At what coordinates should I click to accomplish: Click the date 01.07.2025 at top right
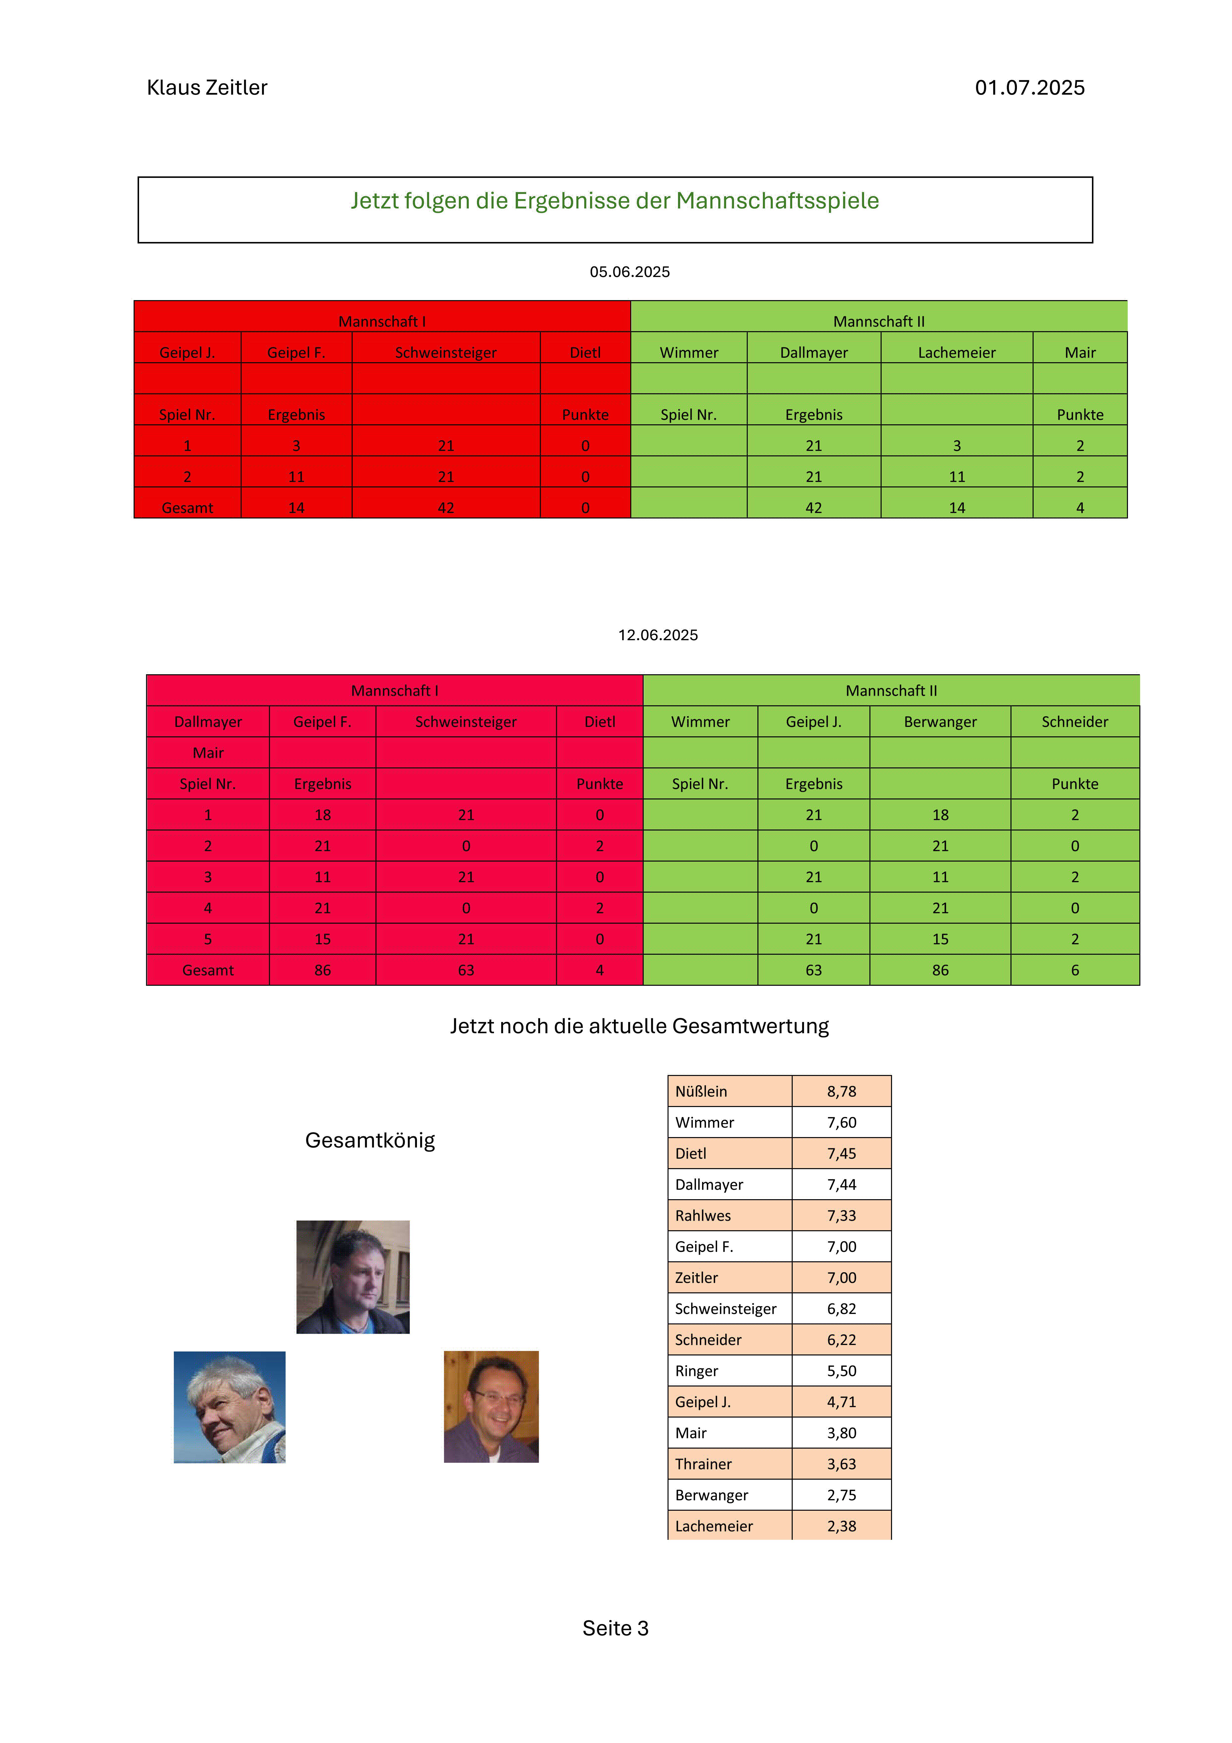click(1029, 88)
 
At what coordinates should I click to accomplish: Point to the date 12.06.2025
click(657, 635)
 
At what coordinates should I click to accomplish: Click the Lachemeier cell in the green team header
click(956, 352)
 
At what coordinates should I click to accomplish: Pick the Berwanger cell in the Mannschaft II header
click(940, 722)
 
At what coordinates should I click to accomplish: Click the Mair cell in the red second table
click(208, 753)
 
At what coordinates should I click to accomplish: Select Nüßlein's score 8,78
click(841, 1092)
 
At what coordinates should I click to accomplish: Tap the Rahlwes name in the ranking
click(703, 1216)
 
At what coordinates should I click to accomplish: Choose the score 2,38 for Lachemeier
click(841, 1527)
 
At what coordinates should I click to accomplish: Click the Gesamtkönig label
click(370, 1141)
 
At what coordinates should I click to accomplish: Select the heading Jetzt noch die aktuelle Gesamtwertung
click(639, 1026)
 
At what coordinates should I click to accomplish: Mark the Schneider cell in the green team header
click(1074, 722)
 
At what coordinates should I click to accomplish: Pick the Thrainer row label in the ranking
click(703, 1465)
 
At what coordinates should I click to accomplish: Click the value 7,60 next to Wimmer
click(841, 1123)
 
